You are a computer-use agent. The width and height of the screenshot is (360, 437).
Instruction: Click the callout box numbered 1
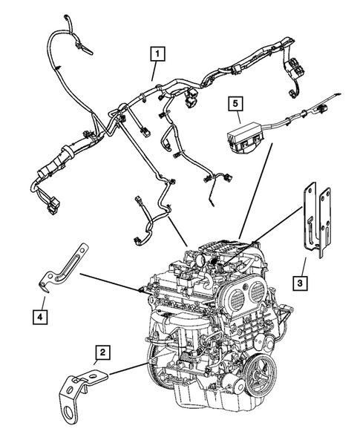(x=156, y=53)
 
